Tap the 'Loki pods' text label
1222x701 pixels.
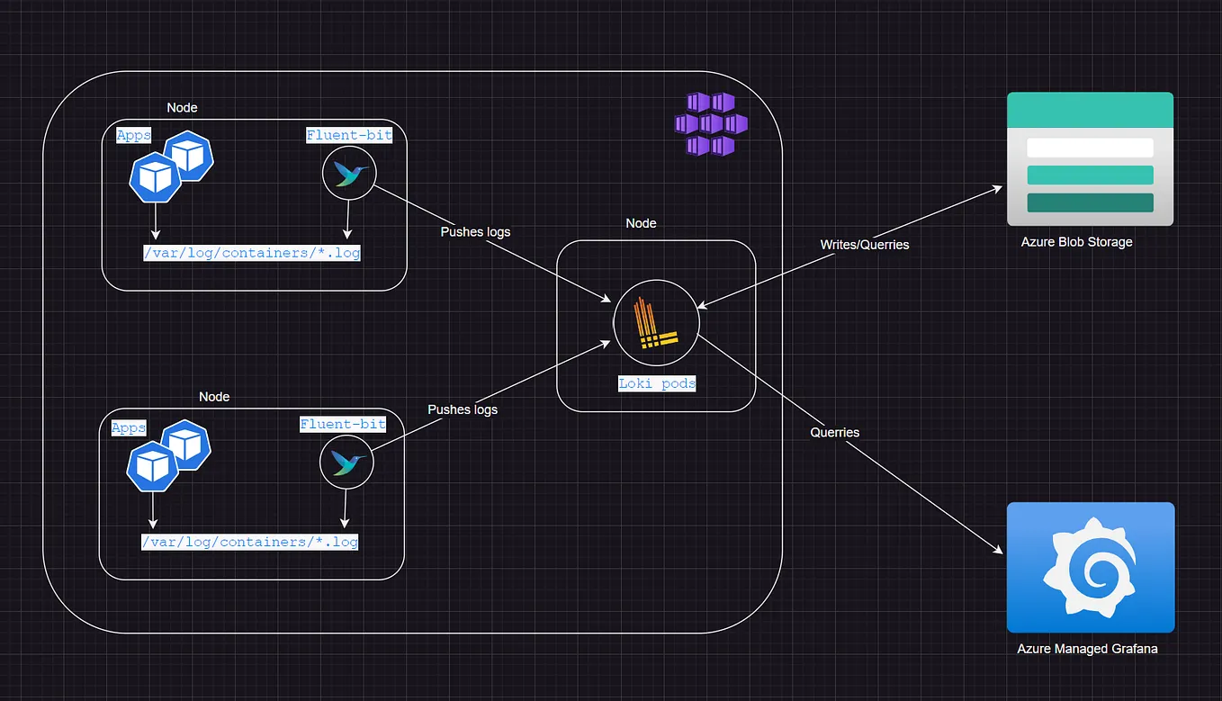pos(657,383)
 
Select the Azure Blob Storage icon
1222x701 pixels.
pos(1090,158)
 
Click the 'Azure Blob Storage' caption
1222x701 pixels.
pos(1076,242)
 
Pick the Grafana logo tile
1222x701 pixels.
pos(1090,567)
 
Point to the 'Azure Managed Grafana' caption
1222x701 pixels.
pos(1087,648)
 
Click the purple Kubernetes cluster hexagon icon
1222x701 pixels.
pos(711,123)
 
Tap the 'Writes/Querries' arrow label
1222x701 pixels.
pos(864,245)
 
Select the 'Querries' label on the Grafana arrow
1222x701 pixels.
pos(834,433)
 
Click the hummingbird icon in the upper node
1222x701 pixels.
pos(348,175)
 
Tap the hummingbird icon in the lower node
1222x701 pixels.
pos(346,463)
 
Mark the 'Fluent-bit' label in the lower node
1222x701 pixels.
pos(343,424)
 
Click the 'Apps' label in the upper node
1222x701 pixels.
pos(134,136)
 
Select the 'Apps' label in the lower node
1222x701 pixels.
pos(129,427)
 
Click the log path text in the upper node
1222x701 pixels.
pos(252,253)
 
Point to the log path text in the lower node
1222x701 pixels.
pos(249,542)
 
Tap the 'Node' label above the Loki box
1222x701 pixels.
pos(641,223)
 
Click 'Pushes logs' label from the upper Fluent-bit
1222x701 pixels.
pos(475,232)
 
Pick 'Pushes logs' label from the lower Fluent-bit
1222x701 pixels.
pos(463,409)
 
